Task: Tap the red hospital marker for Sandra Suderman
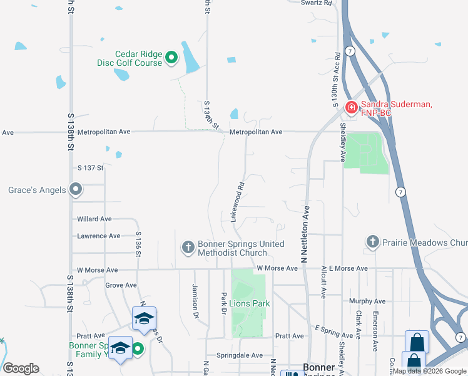[352, 108]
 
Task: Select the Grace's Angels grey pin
[76, 189]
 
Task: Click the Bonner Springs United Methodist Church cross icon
[187, 248]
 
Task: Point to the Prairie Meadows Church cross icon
[372, 242]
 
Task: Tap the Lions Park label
[250, 303]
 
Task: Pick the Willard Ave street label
[94, 219]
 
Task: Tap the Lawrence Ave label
[98, 236]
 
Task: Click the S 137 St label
[90, 168]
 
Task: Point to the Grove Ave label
[121, 285]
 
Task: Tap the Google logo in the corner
[21, 368]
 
